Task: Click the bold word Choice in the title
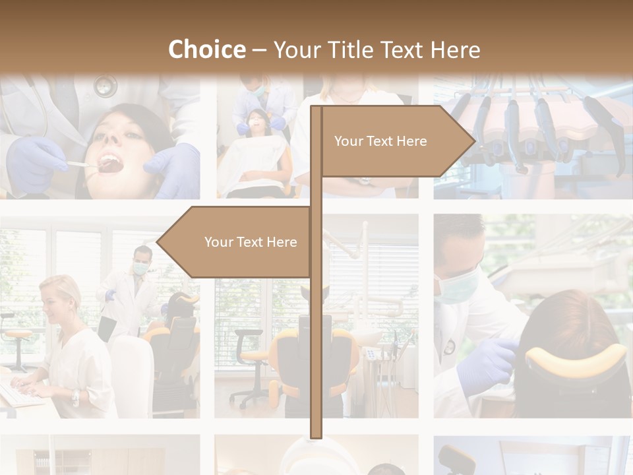pos(206,49)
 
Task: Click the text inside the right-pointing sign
pos(380,141)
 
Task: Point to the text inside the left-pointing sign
pos(251,242)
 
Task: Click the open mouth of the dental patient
pos(111,164)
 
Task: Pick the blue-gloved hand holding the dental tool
pos(36,162)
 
